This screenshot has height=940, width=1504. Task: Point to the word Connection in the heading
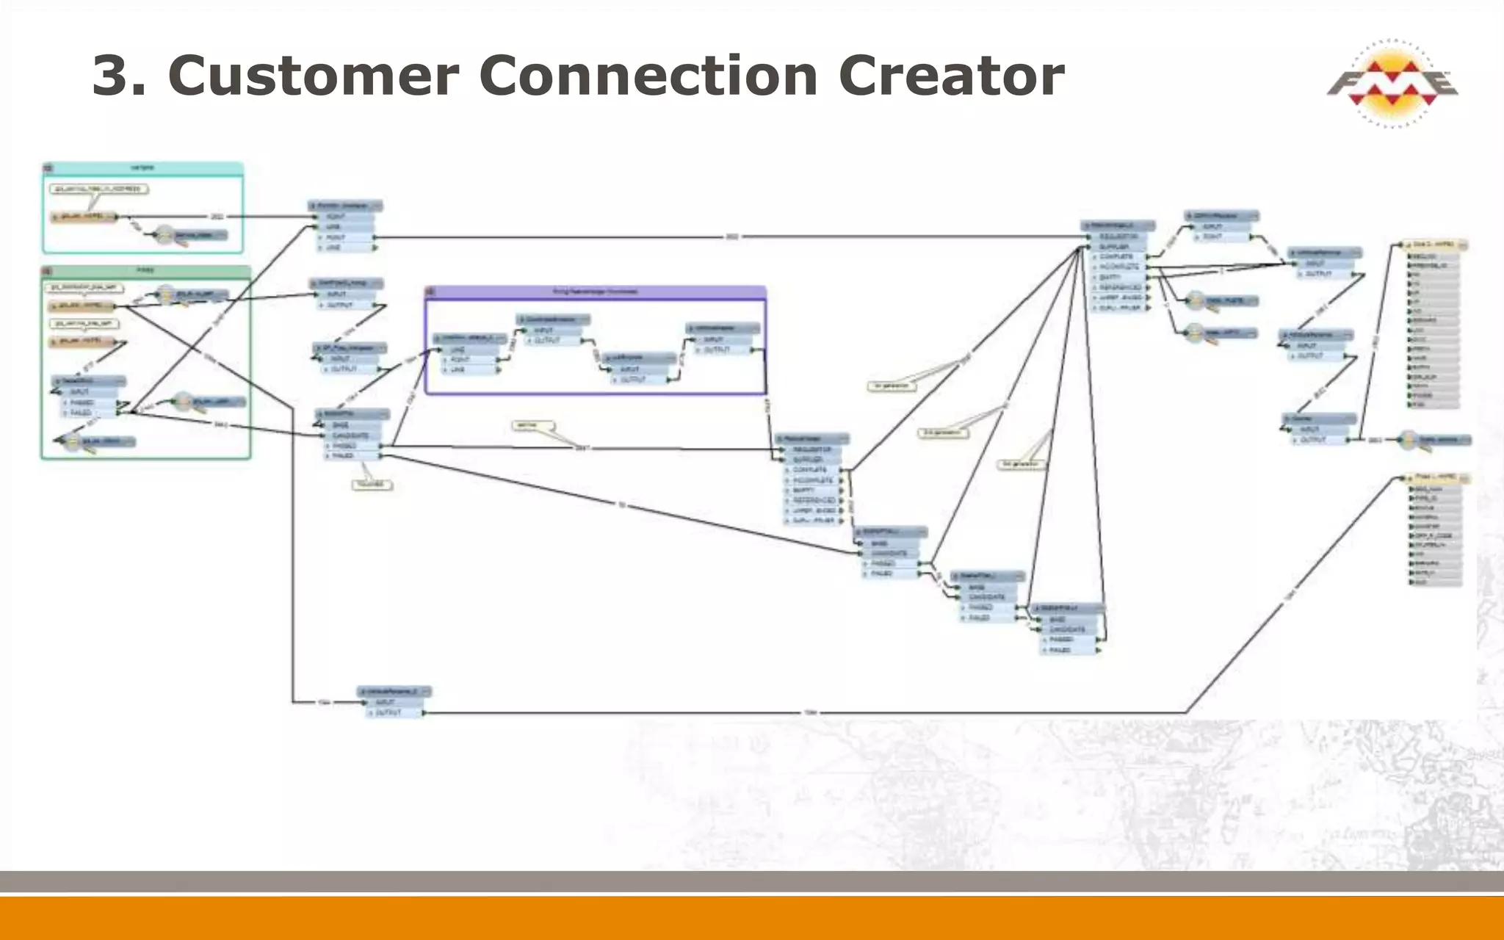coord(648,76)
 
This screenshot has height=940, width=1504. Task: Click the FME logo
coord(1392,84)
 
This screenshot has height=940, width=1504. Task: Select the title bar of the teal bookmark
coord(142,168)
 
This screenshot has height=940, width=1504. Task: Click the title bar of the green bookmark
coord(145,271)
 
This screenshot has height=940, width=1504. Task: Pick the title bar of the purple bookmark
coord(595,292)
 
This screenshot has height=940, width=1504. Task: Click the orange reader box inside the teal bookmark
coord(84,217)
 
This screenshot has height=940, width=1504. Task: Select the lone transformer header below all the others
coord(395,692)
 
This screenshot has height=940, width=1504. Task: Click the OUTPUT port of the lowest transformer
coord(389,712)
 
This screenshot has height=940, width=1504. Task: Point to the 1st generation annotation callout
coord(892,386)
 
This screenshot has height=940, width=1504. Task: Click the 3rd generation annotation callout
coord(1021,464)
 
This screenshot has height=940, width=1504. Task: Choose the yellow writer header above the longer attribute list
coord(1435,245)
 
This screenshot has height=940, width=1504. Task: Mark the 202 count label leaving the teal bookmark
coord(217,217)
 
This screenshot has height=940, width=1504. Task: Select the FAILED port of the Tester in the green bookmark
coord(82,413)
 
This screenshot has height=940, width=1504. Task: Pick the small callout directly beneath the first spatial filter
coord(372,485)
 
